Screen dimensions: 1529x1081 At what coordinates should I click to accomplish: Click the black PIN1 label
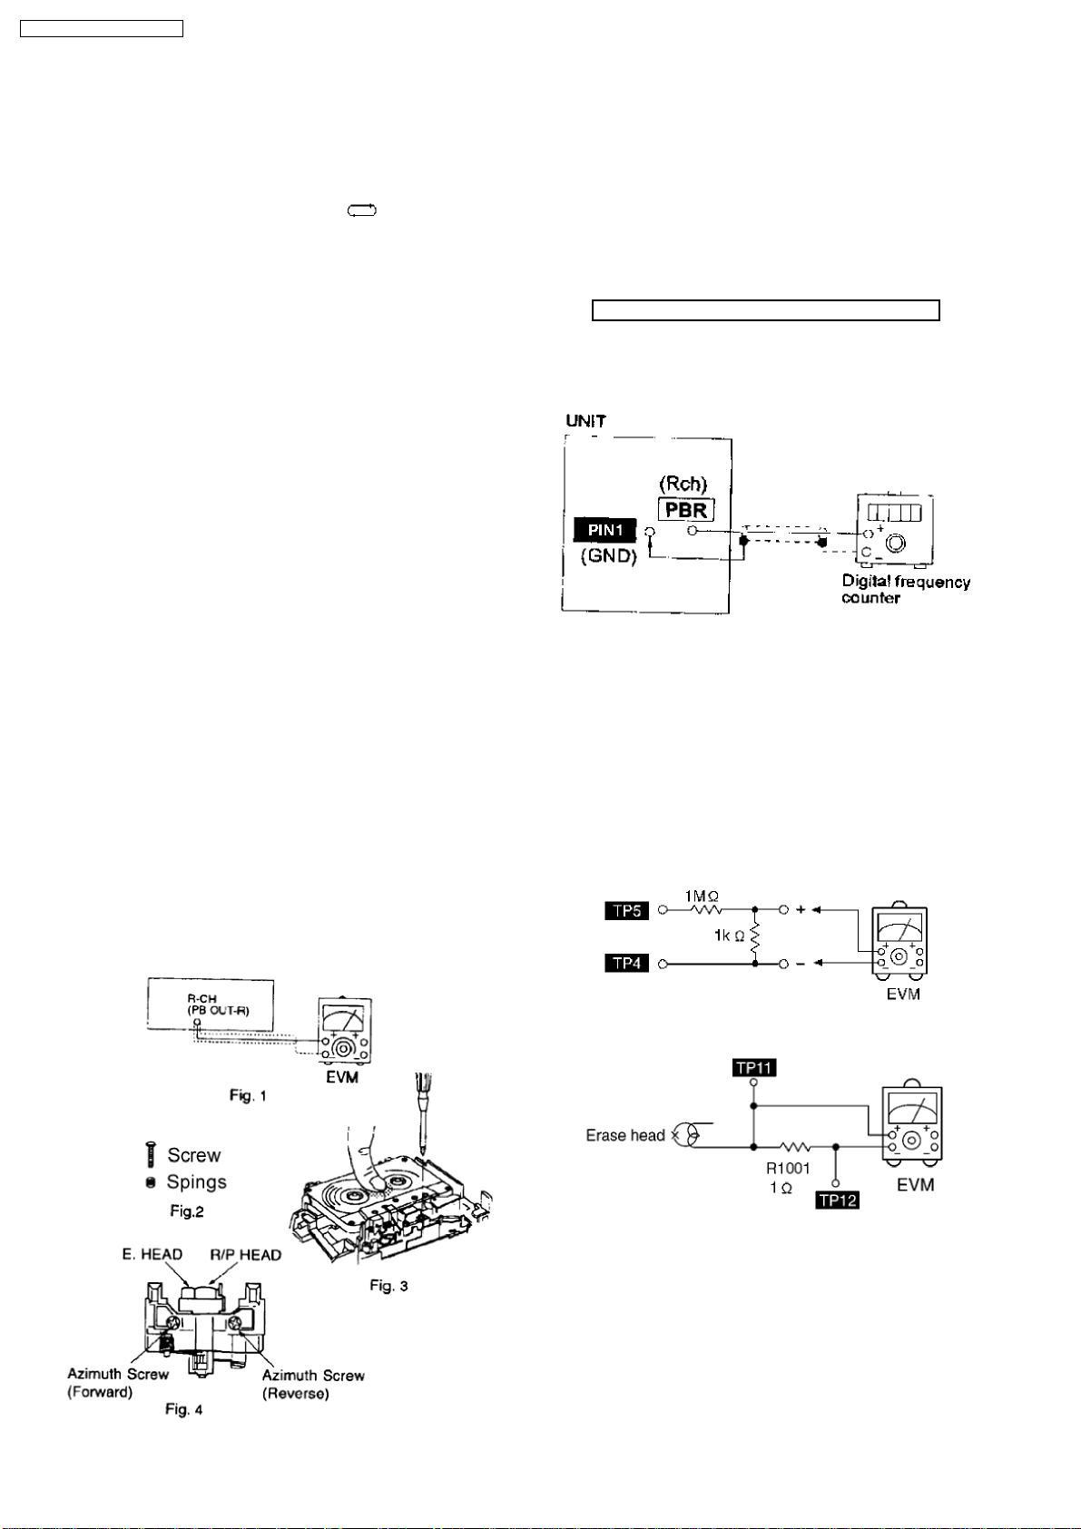coord(605,530)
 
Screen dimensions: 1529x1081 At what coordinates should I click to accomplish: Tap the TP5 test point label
coord(627,910)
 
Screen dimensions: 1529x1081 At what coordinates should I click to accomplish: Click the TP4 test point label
coord(627,963)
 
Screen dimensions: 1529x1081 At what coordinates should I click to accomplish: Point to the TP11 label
coord(753,1067)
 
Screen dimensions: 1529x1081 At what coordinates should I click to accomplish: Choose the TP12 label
coord(837,1200)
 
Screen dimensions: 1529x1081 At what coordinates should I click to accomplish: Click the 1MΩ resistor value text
coord(703,896)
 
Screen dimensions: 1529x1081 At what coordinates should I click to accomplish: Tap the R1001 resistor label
coord(788,1169)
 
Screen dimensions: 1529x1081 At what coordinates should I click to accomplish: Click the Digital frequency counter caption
coord(905,589)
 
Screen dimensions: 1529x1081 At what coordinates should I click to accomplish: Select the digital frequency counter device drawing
coord(895,529)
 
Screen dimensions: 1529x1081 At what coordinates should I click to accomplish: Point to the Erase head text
coord(625,1135)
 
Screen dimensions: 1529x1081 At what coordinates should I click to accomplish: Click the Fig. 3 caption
coord(388,1285)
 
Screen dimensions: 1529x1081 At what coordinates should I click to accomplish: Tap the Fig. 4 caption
coord(184,1409)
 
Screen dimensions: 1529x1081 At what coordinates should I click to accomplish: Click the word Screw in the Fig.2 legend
coord(194,1155)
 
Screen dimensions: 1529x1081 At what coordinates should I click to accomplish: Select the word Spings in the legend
coord(196,1182)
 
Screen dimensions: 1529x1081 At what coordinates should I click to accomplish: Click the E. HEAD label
coord(152,1254)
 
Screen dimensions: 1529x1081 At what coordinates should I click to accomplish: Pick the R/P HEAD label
coord(245,1254)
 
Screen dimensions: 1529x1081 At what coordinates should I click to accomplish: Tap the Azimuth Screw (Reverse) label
coord(312,1384)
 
